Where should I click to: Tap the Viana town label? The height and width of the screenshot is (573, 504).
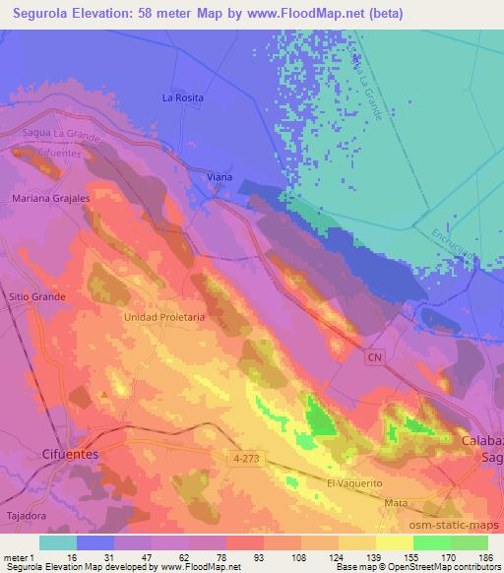(x=220, y=177)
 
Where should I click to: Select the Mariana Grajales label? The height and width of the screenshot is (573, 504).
(x=50, y=198)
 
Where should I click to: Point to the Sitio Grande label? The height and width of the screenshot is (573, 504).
(x=37, y=296)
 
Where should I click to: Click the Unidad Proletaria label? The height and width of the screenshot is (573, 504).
(x=163, y=317)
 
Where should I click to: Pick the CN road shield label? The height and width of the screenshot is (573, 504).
(x=373, y=359)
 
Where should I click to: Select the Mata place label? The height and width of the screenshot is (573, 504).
(x=397, y=502)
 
